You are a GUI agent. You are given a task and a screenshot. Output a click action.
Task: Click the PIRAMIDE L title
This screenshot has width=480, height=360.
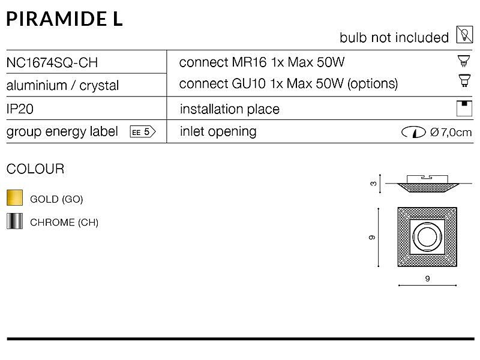coord(65,19)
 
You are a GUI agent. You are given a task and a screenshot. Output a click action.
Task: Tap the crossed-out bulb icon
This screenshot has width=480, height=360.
coord(464,34)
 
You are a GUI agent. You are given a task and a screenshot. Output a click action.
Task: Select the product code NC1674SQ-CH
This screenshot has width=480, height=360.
coord(52,63)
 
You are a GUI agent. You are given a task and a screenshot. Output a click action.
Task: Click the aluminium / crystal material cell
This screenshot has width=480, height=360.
coord(62,85)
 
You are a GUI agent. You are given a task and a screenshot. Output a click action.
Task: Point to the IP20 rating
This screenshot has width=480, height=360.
coord(20,109)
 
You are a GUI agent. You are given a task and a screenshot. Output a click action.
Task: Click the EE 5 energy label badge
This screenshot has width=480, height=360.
coord(143,132)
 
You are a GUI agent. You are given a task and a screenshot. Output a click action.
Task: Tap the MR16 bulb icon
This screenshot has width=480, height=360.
coord(464,61)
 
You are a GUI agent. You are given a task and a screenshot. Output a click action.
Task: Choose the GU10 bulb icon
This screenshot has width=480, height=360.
coord(464,81)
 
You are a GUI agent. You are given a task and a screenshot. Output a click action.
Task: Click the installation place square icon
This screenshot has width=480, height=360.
coord(464,109)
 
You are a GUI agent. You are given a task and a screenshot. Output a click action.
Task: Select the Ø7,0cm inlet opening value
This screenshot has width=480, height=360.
coord(451,132)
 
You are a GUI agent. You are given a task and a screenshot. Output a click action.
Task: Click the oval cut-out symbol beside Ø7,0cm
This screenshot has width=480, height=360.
coord(413,132)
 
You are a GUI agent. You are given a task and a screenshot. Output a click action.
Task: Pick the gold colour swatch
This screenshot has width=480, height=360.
coord(14,197)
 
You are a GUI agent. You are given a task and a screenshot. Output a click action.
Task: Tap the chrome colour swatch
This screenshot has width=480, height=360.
coord(14,221)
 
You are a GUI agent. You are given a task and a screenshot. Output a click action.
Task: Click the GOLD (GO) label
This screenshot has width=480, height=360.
coord(56,199)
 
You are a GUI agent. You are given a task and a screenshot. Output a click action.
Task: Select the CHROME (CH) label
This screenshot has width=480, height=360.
coord(64,222)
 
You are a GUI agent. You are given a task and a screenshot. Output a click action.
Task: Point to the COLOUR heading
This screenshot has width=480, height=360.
coord(35,169)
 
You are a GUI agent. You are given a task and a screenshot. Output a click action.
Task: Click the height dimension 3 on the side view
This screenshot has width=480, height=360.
coord(373,184)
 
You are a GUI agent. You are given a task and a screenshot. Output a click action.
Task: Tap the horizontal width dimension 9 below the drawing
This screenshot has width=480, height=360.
coord(428,278)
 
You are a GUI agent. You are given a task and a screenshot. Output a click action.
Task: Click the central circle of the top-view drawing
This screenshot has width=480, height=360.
coord(427,236)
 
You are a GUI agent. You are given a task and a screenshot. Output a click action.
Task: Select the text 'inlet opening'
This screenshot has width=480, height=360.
coord(218,132)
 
